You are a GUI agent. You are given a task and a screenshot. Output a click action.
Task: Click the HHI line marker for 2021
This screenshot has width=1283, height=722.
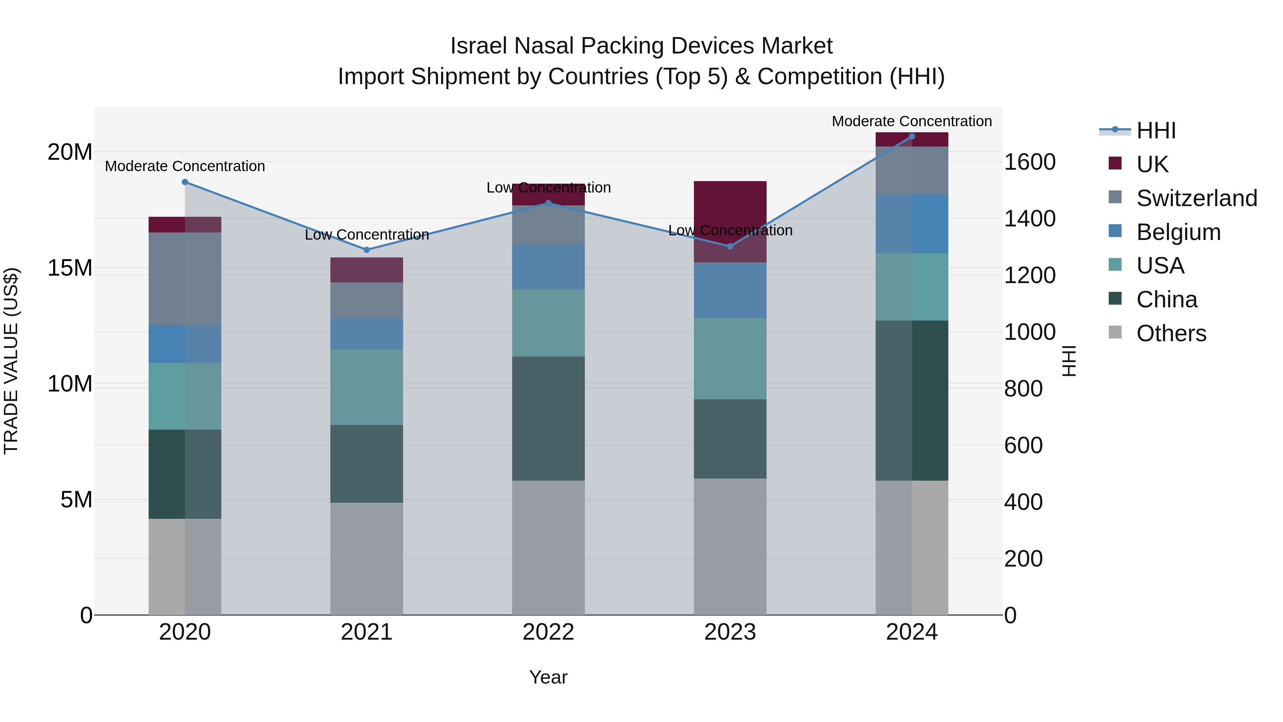[x=367, y=250]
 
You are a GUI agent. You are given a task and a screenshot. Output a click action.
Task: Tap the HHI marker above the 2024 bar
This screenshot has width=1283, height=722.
[x=912, y=137]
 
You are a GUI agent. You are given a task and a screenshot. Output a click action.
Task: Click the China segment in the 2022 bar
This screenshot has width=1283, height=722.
[x=548, y=418]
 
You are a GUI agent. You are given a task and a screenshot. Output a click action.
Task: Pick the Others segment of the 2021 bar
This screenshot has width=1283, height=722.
[x=367, y=559]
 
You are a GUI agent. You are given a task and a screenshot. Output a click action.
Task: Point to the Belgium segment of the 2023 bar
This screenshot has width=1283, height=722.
[x=730, y=291]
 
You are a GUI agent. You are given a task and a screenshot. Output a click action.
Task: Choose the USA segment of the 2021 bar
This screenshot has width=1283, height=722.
[x=367, y=387]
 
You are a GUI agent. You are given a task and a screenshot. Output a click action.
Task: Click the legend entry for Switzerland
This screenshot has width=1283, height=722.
[x=1196, y=198]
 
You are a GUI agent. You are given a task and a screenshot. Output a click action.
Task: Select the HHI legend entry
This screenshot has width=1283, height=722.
[x=1155, y=130]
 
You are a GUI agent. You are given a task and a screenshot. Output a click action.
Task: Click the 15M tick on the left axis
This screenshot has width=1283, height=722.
[x=70, y=268]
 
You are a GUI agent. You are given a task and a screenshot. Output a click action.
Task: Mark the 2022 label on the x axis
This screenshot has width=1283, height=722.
[x=548, y=632]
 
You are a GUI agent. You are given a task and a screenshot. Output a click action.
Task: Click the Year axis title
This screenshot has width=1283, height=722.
[x=548, y=677]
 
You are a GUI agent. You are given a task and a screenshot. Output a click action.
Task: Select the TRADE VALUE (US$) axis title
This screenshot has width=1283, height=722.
[x=11, y=361]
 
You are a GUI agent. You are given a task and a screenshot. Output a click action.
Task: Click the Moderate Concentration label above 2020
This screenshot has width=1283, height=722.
[x=185, y=166]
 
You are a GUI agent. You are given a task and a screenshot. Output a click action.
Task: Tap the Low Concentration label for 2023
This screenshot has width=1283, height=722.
[x=730, y=230]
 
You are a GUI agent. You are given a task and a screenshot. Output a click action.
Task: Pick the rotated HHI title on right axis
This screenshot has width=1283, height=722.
[x=1069, y=361]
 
